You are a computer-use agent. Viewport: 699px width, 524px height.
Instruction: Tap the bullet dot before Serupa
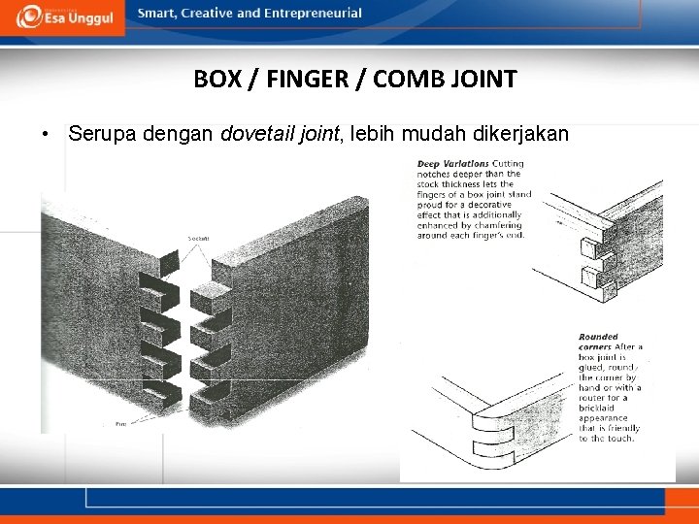point(46,134)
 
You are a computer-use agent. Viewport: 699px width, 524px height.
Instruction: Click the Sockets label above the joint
point(199,238)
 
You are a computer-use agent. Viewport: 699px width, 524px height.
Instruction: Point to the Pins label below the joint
point(120,423)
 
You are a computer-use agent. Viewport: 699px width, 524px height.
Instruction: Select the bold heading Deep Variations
point(453,163)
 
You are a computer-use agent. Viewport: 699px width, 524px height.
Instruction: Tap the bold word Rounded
point(598,337)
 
